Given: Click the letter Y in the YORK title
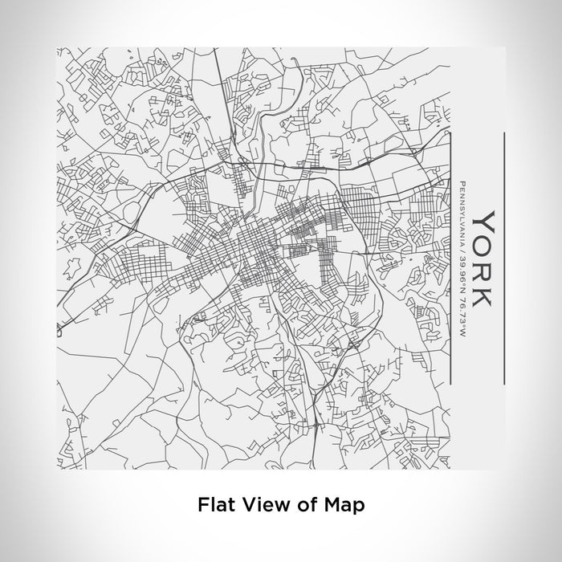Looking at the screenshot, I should (x=483, y=218).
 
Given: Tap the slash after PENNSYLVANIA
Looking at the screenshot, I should (x=462, y=246).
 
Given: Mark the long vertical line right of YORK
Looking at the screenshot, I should (x=503, y=257).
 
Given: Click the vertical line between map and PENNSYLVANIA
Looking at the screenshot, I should (x=450, y=257).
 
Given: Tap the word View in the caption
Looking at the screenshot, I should (x=257, y=505).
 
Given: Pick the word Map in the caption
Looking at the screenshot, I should (x=342, y=505).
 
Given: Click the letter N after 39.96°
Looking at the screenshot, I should (x=462, y=277).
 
